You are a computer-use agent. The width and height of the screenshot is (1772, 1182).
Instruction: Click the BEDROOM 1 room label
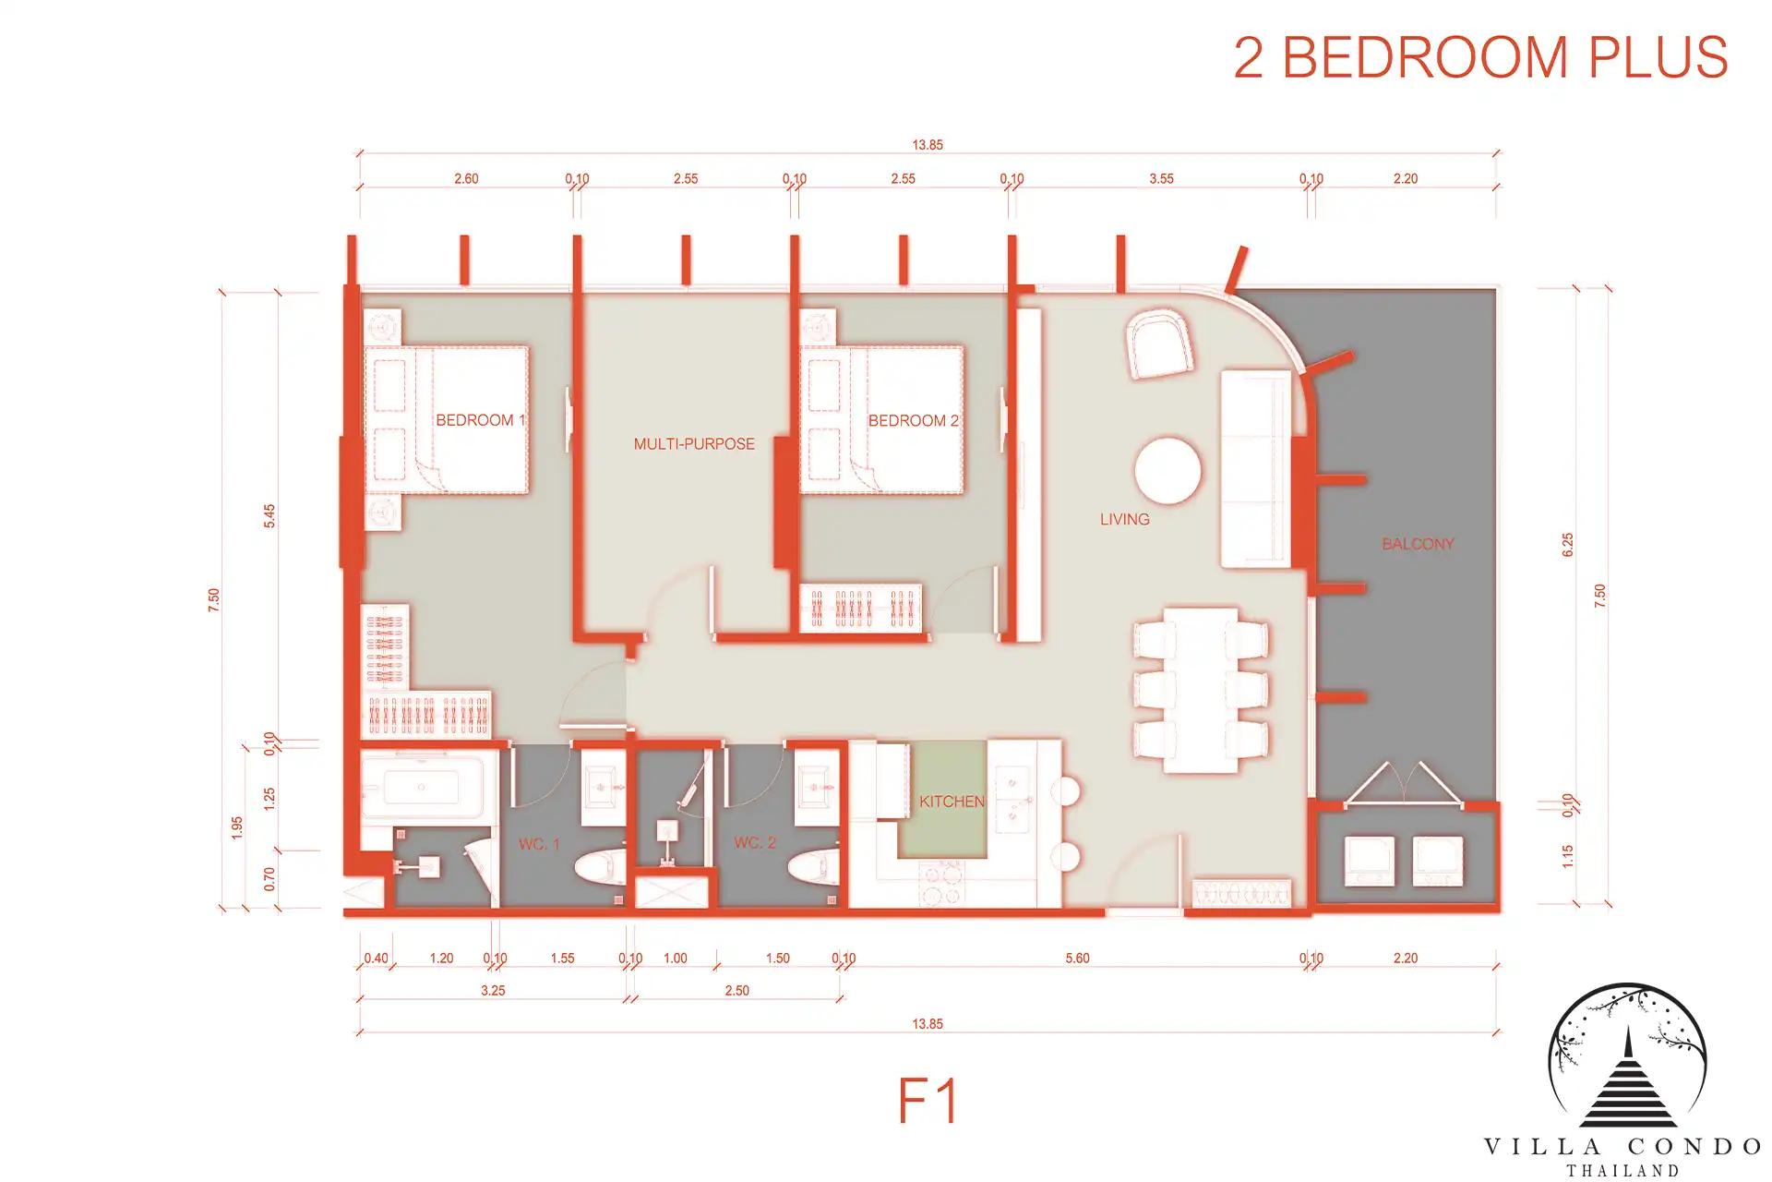481,420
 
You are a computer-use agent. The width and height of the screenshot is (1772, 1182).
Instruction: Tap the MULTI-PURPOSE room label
694,444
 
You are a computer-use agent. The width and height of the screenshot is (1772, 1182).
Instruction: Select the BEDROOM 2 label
914,420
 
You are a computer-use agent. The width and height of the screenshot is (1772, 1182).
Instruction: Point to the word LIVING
1125,520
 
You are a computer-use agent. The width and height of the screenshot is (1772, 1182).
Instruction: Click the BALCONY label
1418,544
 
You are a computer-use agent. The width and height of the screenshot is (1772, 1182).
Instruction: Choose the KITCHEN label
952,802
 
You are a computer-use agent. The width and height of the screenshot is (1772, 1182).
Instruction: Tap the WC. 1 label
539,844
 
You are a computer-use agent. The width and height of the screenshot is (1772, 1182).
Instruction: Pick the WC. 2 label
755,842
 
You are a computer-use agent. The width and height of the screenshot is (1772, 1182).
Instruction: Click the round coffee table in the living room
1168,471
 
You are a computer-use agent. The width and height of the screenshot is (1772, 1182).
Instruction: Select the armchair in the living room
1159,344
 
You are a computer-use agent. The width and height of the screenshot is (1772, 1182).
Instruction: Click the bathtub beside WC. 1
423,787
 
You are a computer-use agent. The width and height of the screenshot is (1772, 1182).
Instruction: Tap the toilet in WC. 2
813,867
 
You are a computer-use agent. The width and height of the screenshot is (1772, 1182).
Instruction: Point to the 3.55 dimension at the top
1161,179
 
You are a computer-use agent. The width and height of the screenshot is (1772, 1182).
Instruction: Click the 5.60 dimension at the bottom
1077,959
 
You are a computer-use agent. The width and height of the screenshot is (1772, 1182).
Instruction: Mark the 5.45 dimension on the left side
269,515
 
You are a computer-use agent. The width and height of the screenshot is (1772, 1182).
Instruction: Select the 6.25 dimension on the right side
1567,545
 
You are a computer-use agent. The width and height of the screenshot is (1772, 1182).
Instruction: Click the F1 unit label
928,1101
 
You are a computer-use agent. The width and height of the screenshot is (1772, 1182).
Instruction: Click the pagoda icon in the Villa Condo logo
1627,1079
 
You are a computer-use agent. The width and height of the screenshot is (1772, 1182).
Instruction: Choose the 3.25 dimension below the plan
493,991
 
